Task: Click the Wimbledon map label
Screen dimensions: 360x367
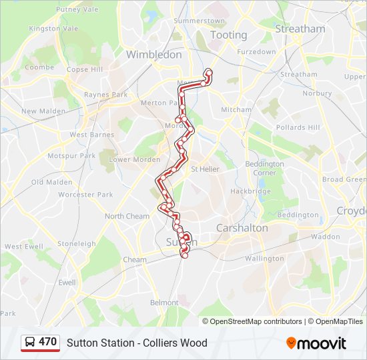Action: (153, 55)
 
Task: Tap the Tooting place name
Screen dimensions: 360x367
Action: (228, 35)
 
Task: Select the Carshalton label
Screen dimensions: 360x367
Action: (242, 228)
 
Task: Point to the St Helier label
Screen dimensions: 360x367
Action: (205, 169)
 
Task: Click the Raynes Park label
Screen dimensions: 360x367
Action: (105, 95)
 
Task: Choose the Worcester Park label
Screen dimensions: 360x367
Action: (85, 195)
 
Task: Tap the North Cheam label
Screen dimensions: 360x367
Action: (127, 216)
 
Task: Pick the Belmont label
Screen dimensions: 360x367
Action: (164, 303)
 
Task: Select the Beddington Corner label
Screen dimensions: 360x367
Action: (264, 168)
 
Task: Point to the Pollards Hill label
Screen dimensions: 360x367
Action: (298, 127)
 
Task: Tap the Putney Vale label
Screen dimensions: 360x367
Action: (77, 9)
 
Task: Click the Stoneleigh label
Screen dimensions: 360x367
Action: (77, 244)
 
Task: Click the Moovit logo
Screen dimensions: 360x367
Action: (316, 343)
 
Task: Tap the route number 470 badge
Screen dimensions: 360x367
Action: (47, 342)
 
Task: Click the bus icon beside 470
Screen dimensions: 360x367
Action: (30, 343)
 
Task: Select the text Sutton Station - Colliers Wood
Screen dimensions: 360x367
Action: (137, 343)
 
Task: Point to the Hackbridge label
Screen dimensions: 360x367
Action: (250, 191)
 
